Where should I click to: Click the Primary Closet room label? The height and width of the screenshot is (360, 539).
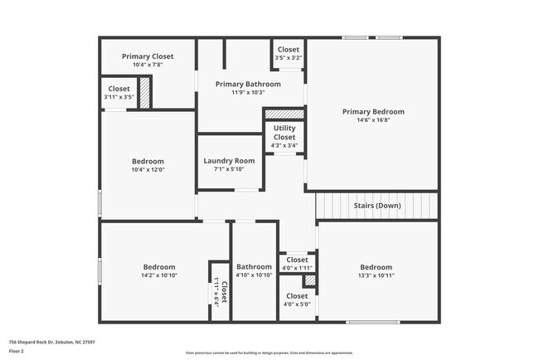pos(148,56)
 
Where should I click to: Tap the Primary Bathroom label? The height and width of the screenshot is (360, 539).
pos(248,84)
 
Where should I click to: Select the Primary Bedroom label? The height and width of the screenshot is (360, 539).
pos(373,111)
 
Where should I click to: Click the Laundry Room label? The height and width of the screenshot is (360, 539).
pos(229,160)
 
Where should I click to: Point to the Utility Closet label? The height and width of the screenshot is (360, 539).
pos(284,133)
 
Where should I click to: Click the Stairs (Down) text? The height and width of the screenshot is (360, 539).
pos(376,205)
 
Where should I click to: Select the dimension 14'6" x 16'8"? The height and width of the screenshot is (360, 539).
pos(373,120)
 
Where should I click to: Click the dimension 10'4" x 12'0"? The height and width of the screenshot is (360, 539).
pos(148,170)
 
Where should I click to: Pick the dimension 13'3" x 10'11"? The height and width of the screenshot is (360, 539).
pos(375,275)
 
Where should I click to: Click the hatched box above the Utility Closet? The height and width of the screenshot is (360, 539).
pos(284,114)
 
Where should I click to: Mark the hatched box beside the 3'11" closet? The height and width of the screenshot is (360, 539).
pos(144,92)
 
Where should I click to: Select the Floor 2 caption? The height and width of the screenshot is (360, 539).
pos(17,351)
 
